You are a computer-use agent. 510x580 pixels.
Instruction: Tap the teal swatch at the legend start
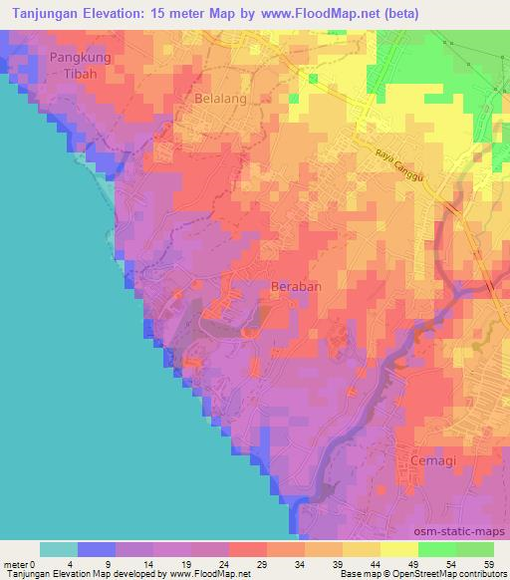59,548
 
